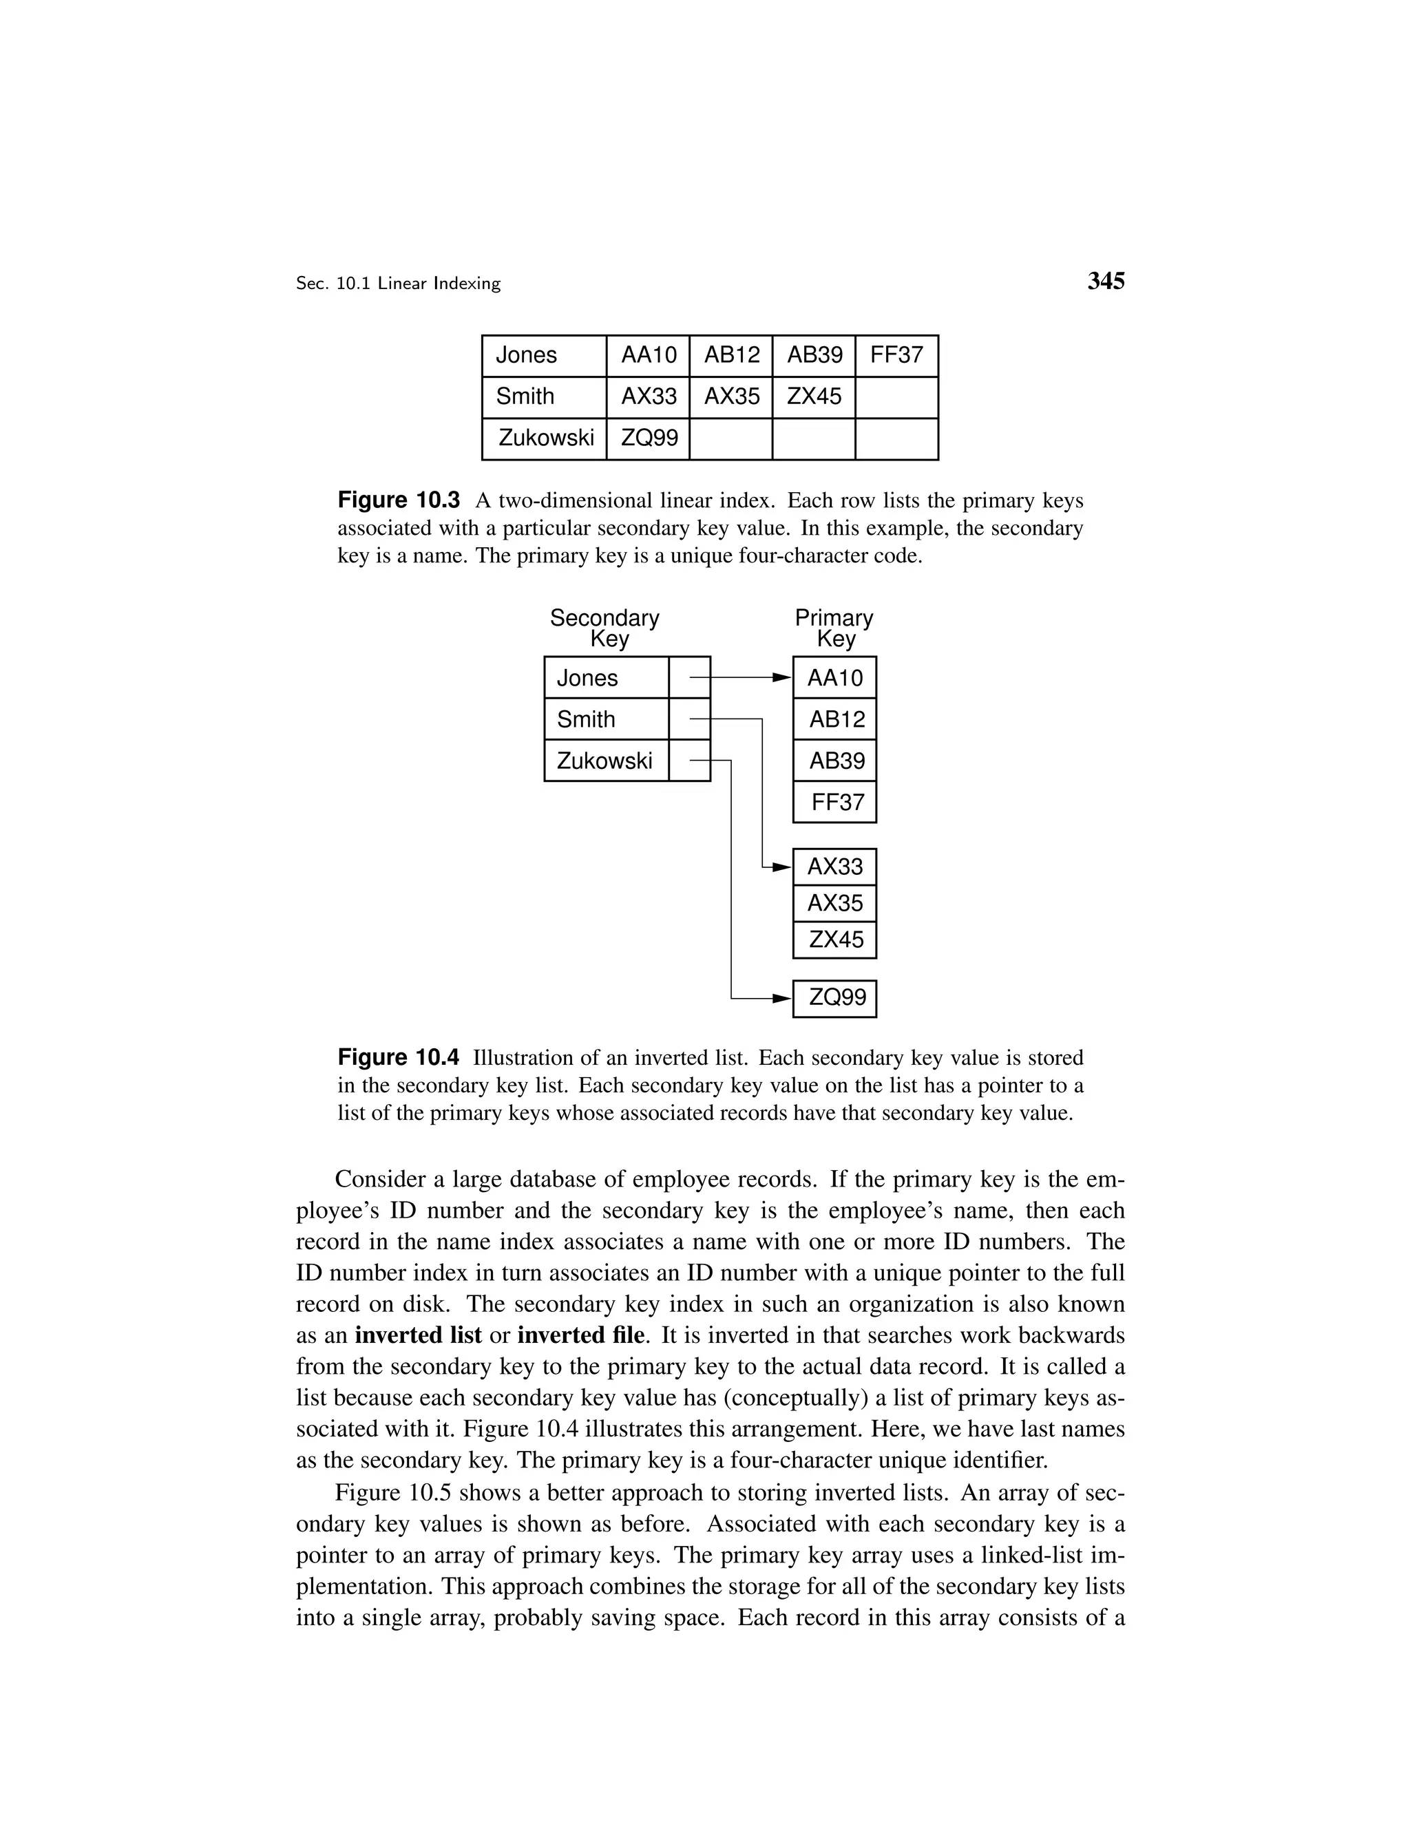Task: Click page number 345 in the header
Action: click(1105, 282)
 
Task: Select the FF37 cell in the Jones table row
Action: click(896, 356)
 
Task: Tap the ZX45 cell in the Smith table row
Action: click(814, 396)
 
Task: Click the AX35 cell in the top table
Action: click(731, 396)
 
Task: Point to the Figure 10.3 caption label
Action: click(399, 501)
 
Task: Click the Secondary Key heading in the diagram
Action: click(604, 628)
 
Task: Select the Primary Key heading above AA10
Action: click(834, 628)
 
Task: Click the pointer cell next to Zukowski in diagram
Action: click(689, 761)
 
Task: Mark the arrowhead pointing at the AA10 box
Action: click(782, 677)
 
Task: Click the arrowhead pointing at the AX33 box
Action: click(782, 867)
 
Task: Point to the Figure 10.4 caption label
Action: click(399, 1058)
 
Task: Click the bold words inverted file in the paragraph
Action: click(580, 1335)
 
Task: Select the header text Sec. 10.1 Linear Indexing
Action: click(398, 284)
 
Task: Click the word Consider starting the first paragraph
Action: click(379, 1179)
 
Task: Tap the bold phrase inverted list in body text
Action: click(418, 1335)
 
